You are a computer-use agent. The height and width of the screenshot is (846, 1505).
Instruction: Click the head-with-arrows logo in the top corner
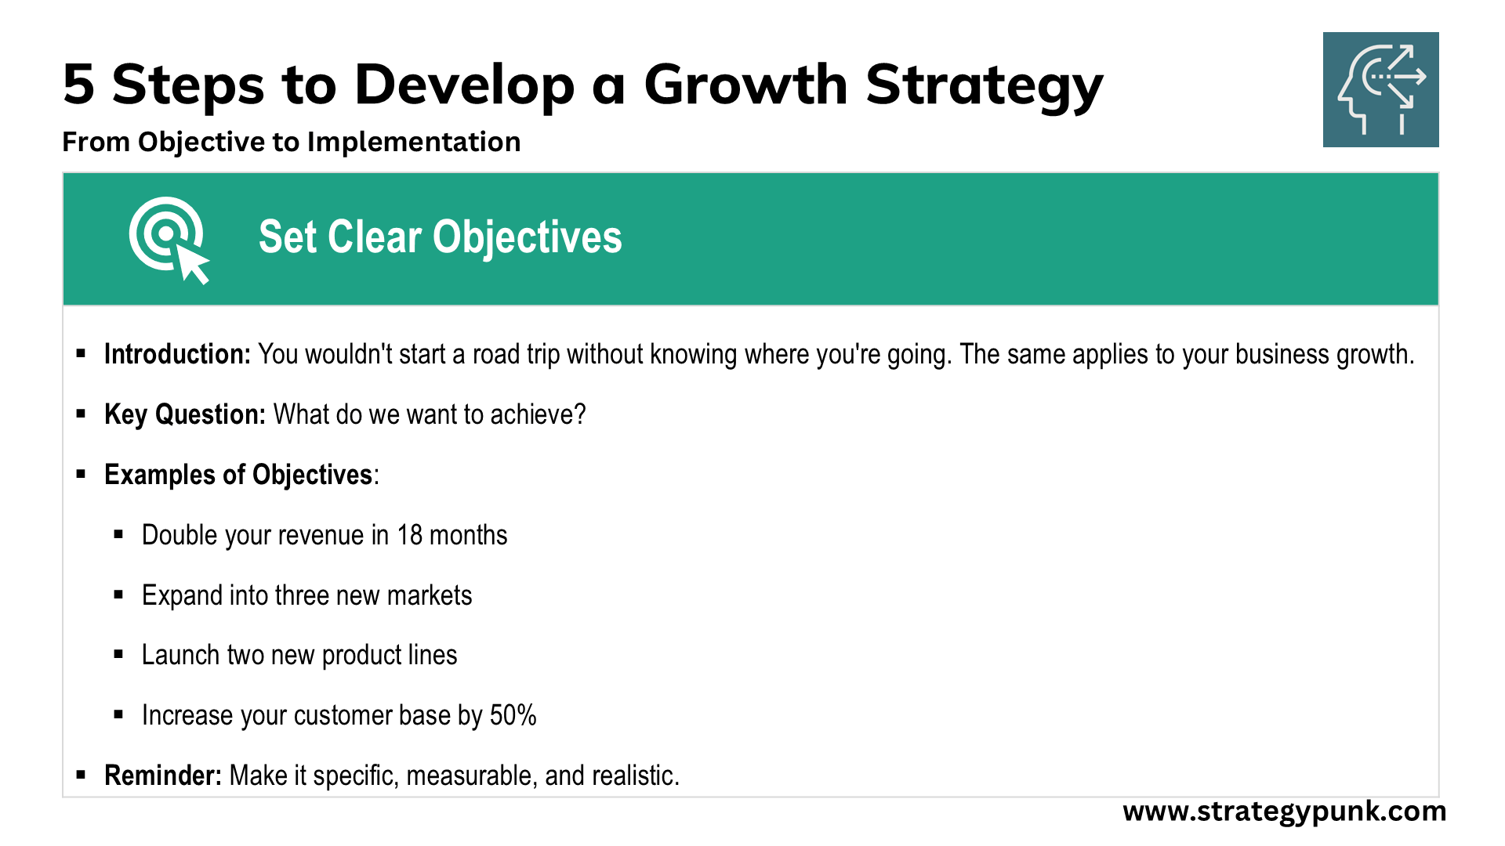click(x=1380, y=89)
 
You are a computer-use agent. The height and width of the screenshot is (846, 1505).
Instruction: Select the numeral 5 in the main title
click(x=78, y=85)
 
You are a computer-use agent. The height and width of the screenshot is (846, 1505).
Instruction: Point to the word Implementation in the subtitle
click(x=414, y=143)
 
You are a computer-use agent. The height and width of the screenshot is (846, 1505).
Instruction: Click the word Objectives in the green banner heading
click(x=528, y=237)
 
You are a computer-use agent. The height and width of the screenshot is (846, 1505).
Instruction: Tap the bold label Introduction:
click(x=177, y=354)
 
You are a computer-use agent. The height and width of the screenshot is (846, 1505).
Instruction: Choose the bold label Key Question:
click(x=185, y=414)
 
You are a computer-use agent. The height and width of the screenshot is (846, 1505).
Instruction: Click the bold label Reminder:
click(x=163, y=775)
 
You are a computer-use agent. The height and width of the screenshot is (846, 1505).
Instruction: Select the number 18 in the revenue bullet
click(x=409, y=535)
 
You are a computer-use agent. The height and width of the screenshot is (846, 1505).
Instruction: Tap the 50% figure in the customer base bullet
click(x=513, y=715)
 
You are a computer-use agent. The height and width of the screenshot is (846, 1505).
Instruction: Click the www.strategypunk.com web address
click(x=1285, y=812)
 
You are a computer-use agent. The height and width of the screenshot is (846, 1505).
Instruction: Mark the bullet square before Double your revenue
click(x=119, y=535)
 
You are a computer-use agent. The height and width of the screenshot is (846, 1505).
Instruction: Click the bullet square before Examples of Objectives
click(x=81, y=474)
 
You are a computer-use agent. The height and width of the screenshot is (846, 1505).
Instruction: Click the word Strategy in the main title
click(x=985, y=86)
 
